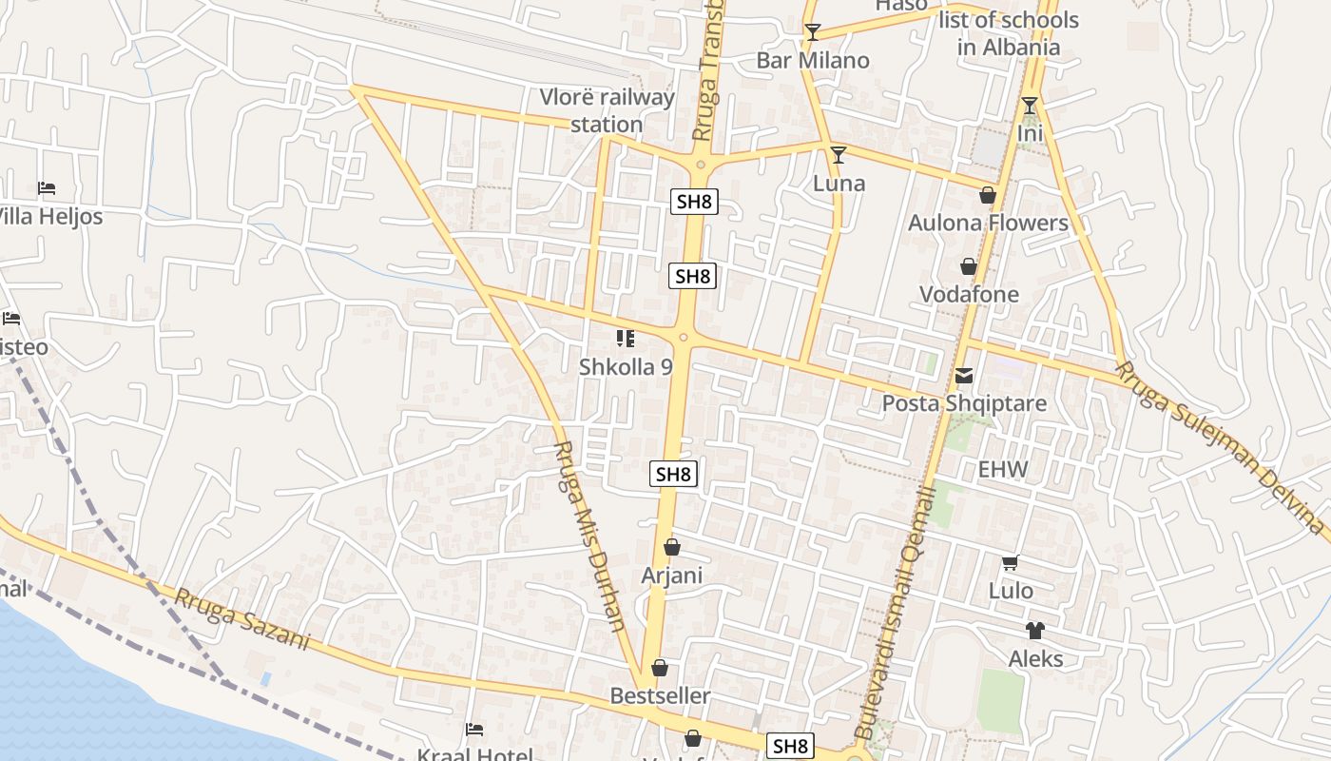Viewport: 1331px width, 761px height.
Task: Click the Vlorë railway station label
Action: [607, 110]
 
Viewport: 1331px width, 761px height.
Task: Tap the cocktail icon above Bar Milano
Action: [812, 32]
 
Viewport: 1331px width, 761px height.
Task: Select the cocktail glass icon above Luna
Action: [838, 154]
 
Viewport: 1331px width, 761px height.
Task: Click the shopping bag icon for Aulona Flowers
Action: [988, 195]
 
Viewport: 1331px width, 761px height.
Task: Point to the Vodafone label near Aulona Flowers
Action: [969, 294]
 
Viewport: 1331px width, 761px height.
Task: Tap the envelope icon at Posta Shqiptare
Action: [964, 376]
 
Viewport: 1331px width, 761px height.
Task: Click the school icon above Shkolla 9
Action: [625, 339]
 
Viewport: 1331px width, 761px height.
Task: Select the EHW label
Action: [1003, 469]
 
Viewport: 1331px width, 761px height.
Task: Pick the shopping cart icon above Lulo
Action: [1010, 563]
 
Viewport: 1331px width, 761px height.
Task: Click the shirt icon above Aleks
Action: [1034, 630]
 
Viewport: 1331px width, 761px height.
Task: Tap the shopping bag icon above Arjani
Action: [672, 547]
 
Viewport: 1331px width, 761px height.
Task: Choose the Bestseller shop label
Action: [660, 696]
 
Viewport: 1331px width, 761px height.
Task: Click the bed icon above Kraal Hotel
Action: [474, 730]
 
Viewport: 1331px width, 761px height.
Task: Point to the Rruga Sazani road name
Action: [242, 619]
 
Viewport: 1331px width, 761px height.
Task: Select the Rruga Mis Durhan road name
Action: [590, 537]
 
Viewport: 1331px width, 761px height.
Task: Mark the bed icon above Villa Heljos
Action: [47, 188]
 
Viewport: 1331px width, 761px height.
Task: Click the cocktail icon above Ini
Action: [1030, 105]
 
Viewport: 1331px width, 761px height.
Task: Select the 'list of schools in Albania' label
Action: [1009, 33]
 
